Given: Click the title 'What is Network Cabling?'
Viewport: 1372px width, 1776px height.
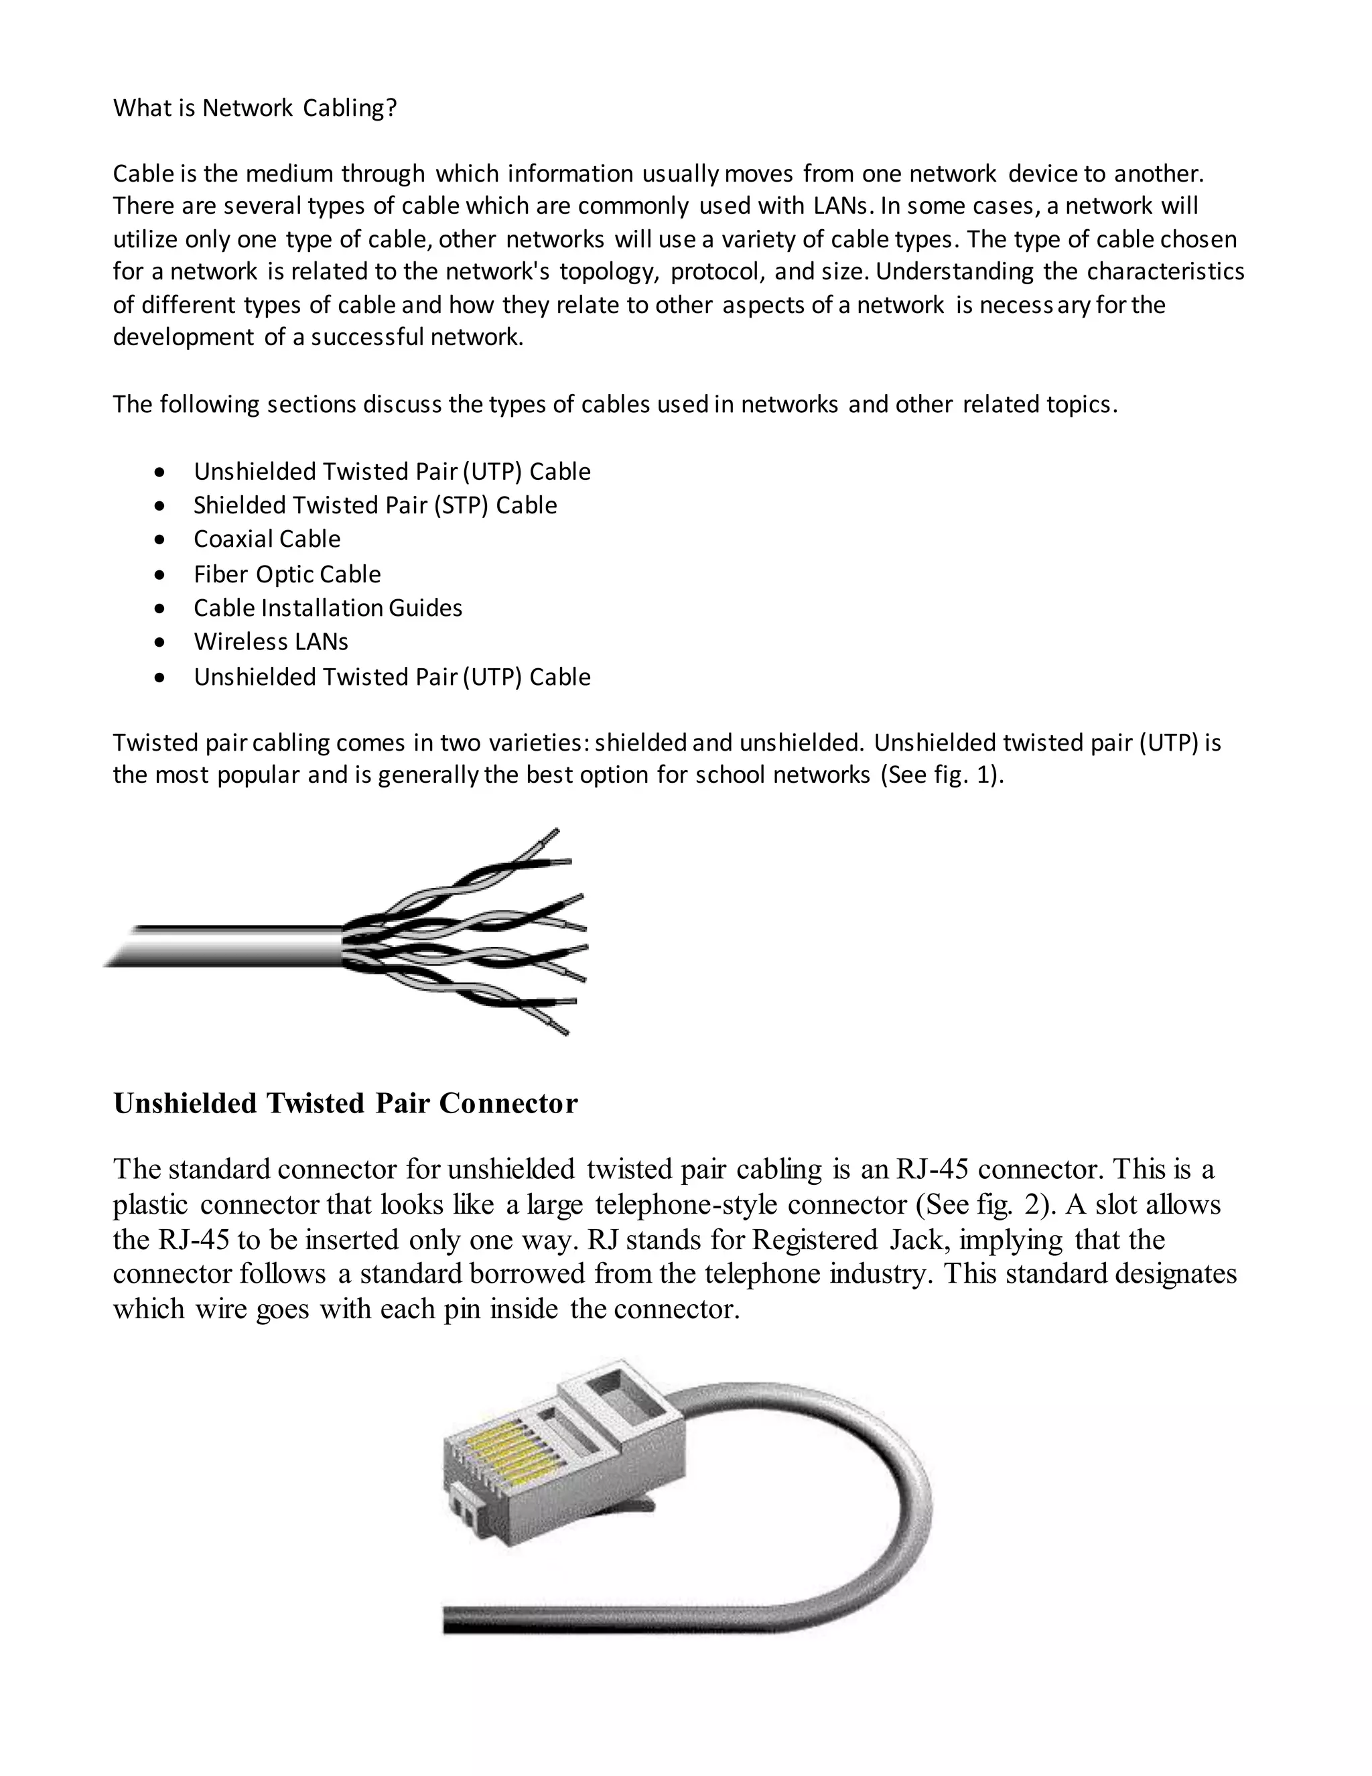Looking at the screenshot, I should (255, 108).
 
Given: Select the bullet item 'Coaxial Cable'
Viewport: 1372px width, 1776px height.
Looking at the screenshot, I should (267, 539).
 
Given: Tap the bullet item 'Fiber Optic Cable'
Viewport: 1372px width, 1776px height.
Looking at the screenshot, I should (287, 574).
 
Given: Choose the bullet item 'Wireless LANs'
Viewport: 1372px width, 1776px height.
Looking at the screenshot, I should (271, 641).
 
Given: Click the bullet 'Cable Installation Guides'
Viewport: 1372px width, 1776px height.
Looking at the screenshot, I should (328, 609).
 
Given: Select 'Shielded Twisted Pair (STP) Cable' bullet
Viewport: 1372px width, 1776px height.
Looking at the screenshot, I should (374, 505).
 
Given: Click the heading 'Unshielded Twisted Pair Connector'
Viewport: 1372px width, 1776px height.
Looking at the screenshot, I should (346, 1104).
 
